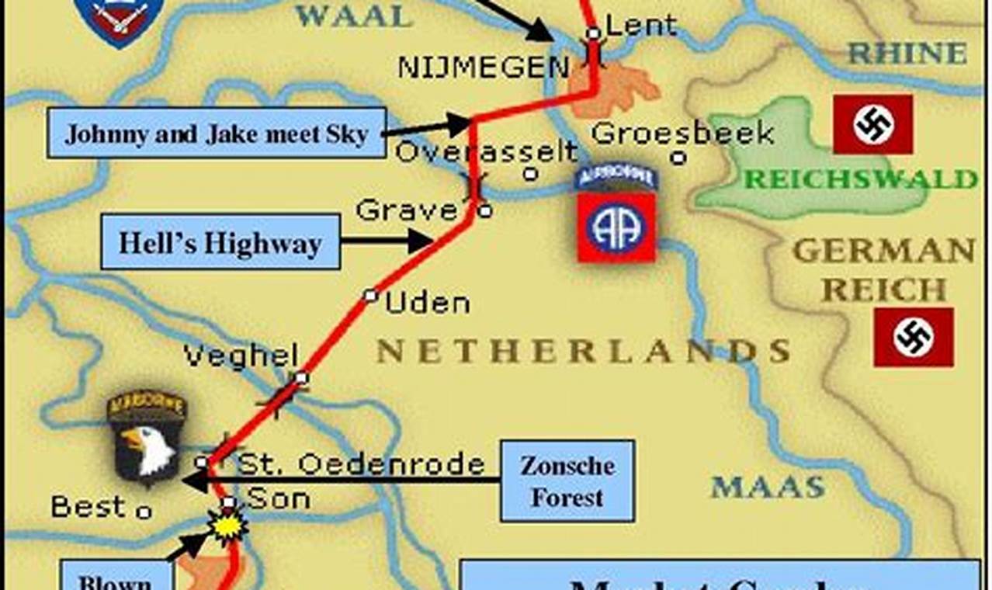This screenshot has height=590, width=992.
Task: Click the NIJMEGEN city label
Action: coord(483,67)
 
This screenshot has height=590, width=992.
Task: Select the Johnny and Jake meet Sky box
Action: coord(217,133)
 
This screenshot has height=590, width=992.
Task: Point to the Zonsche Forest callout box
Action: coord(567,481)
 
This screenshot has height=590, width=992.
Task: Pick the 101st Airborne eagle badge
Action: coord(146,438)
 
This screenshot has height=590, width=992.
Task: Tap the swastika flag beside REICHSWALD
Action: coord(872,124)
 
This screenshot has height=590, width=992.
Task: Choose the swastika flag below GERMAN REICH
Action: coord(913,337)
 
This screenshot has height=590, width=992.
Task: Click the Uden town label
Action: coord(427,304)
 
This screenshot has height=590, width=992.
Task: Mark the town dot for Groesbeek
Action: coord(678,158)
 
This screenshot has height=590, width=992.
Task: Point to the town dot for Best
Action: coord(144,512)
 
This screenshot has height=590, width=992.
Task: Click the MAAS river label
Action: coord(768,488)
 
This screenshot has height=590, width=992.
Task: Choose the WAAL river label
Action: coord(353,16)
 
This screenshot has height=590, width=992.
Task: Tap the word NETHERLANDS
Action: coord(583,351)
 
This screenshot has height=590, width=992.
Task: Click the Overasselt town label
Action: coord(487,151)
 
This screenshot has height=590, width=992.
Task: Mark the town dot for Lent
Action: coord(593,33)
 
